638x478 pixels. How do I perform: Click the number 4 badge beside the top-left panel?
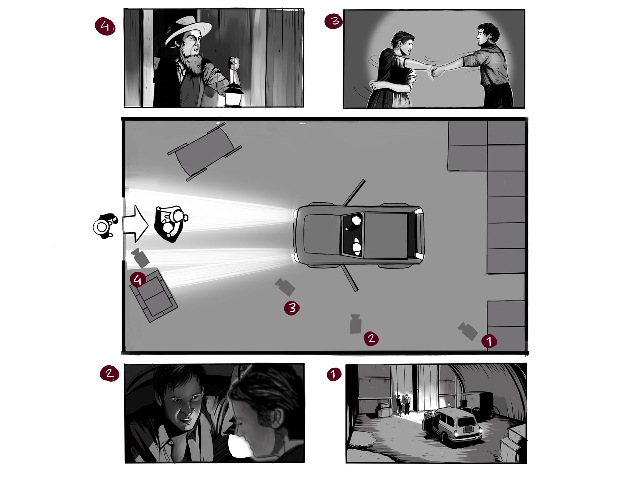105,26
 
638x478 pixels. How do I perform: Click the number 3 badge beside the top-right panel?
334,21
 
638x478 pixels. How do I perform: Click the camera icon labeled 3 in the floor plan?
285,287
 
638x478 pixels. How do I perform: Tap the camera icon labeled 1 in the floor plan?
468,331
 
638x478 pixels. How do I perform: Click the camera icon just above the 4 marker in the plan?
141,258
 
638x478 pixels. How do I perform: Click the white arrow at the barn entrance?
135,224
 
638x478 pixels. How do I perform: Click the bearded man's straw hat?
188,30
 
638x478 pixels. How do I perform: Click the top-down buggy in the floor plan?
204,152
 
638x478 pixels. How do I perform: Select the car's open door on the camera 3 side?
349,278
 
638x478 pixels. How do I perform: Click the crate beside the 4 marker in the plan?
154,296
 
